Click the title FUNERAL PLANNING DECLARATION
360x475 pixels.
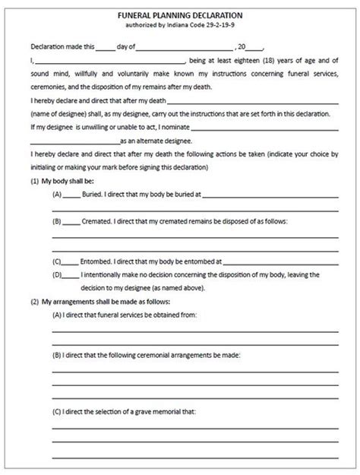click(180, 15)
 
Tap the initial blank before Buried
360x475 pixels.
click(70, 195)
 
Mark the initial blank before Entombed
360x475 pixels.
click(70, 261)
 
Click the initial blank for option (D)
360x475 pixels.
click(70, 274)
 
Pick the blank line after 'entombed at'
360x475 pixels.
click(280, 261)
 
